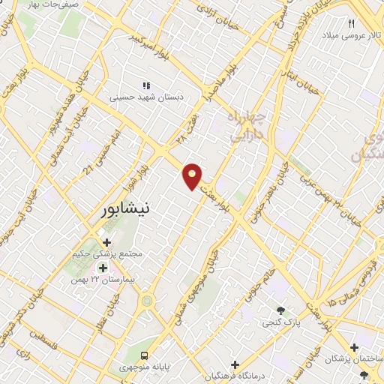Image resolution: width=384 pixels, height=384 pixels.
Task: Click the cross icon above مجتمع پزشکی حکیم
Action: tap(106, 242)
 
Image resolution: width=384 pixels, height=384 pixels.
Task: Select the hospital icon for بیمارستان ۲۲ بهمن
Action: tap(102, 267)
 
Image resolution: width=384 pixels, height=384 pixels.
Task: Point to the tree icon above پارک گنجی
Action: tap(280, 310)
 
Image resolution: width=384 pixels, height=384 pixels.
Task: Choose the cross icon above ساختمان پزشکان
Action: tap(353, 347)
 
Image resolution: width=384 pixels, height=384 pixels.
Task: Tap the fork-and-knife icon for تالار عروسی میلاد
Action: tap(351, 24)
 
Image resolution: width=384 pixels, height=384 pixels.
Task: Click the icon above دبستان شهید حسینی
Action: tap(147, 86)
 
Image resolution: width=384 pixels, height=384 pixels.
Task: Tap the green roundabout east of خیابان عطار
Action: tap(148, 301)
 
